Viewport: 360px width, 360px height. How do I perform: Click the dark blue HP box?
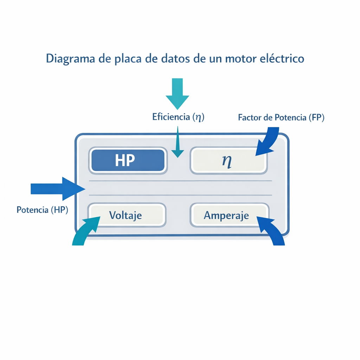coord(127,161)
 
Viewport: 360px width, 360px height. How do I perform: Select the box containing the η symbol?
coord(229,161)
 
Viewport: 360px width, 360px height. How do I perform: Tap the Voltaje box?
coord(126,215)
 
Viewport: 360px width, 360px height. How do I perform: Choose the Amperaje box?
coord(229,215)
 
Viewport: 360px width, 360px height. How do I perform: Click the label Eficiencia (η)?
coord(178,117)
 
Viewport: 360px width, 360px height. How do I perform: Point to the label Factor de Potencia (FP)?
coord(281,118)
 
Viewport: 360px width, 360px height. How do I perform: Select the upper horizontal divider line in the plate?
coord(181,181)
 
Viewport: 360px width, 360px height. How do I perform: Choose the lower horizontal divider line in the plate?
coord(181,195)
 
